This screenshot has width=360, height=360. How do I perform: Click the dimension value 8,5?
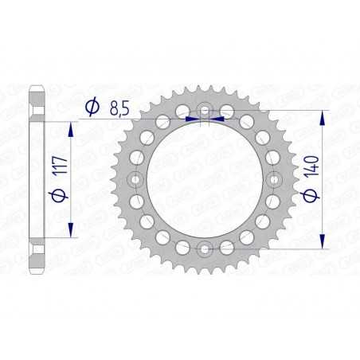(119, 107)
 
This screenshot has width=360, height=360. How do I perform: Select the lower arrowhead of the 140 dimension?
(323, 241)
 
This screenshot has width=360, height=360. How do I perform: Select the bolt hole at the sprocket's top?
(205, 110)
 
